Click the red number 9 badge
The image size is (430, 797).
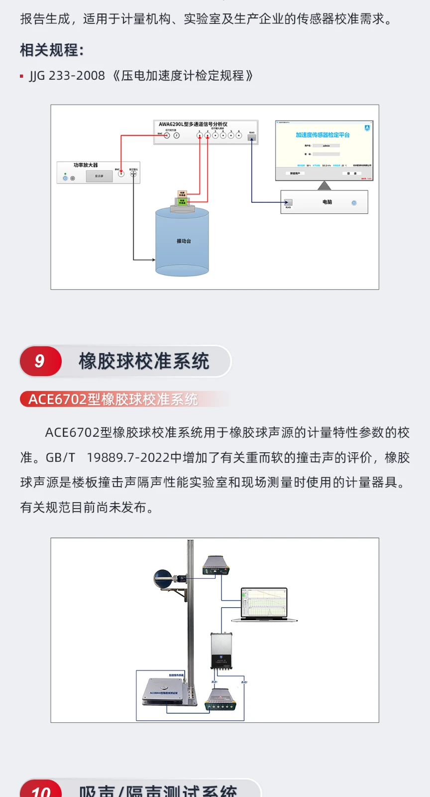40,361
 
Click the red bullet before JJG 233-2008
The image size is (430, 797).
22,76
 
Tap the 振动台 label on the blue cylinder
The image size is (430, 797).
184,241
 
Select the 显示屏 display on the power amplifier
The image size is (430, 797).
99,176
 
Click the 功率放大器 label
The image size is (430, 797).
86,165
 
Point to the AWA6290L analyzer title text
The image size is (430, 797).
193,124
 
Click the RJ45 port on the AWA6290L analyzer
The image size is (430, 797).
252,137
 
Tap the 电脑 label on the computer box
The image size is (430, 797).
327,202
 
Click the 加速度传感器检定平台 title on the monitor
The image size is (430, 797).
322,135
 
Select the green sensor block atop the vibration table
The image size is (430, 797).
182,201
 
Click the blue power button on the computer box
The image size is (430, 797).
354,203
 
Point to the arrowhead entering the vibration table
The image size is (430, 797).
152,260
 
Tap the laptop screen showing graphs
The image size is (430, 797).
264,603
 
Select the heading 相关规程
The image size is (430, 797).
52,50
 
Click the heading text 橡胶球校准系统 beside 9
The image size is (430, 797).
144,361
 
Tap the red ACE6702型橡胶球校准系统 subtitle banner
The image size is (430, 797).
113,399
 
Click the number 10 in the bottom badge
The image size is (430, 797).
41,792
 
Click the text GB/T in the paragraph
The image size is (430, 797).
60,458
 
